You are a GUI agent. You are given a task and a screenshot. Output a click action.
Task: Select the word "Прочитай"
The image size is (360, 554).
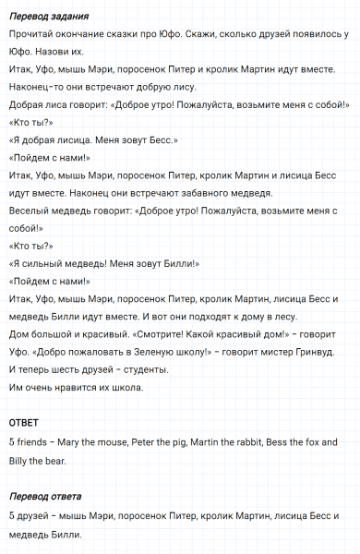click(30, 33)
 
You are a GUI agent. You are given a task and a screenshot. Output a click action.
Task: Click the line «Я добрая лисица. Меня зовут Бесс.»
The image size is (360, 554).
click(92, 139)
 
